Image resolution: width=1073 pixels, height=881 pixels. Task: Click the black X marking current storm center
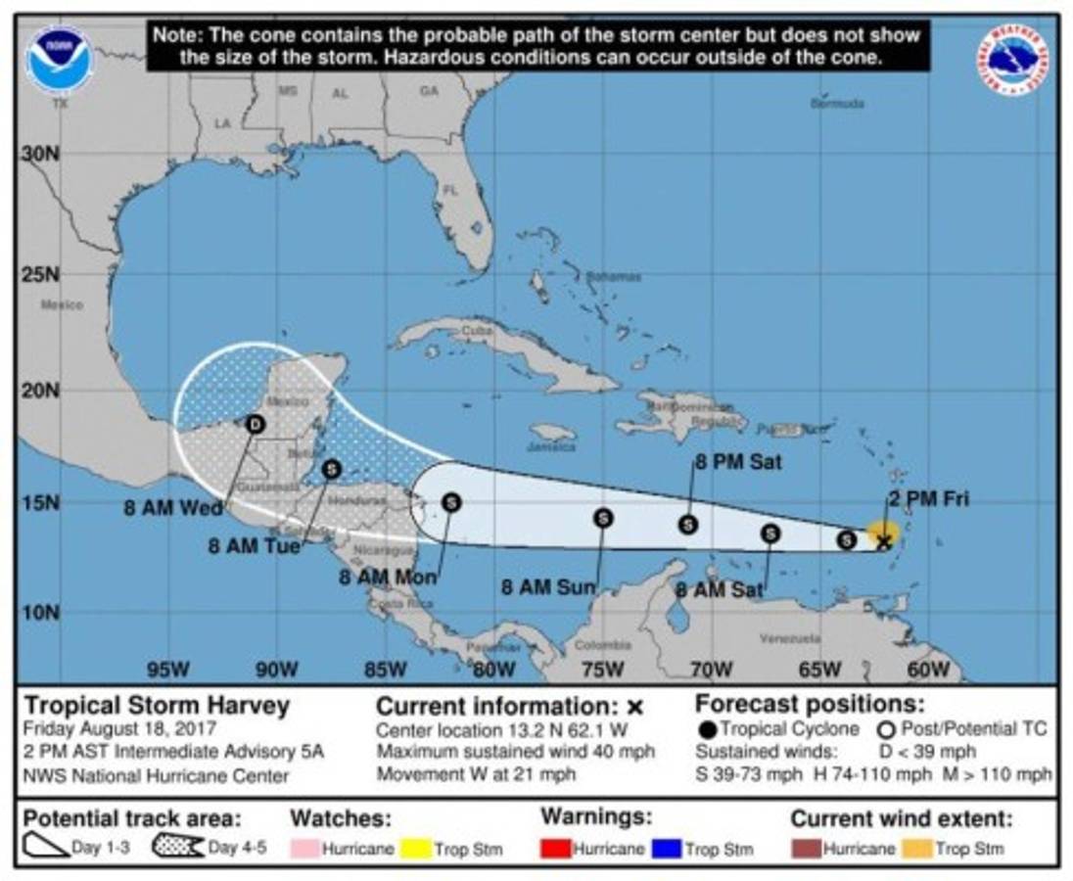[884, 540]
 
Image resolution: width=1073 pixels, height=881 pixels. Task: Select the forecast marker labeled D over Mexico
[256, 424]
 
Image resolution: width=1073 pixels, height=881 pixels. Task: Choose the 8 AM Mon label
[388, 578]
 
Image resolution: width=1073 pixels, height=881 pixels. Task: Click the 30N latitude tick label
[40, 155]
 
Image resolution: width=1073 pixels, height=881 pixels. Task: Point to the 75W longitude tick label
[602, 670]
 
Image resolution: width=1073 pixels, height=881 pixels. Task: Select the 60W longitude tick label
[927, 670]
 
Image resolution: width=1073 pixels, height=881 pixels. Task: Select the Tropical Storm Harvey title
[157, 705]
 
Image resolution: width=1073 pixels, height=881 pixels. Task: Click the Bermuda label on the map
[837, 103]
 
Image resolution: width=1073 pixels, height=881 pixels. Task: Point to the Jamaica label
[551, 447]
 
